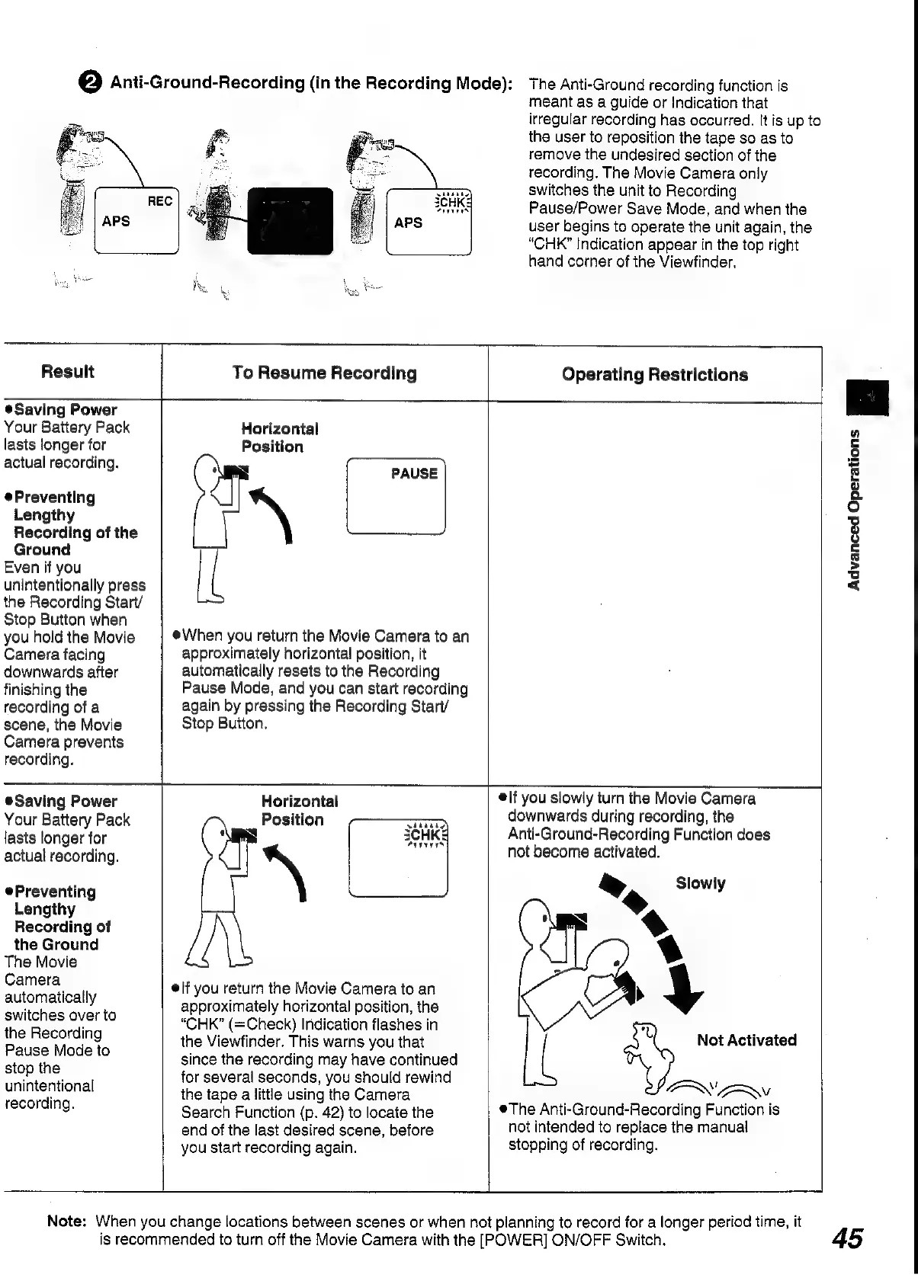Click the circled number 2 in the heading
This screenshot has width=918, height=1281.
pyautogui.click(x=91, y=83)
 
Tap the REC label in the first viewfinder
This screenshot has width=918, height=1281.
pyautogui.click(x=159, y=201)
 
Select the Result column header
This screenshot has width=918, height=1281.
pyautogui.click(x=68, y=372)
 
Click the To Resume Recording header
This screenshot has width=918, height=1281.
pyautogui.click(x=325, y=373)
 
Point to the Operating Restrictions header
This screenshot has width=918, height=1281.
pyautogui.click(x=655, y=375)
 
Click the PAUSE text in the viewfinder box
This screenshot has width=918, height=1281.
pyautogui.click(x=414, y=473)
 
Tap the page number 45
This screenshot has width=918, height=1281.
pyautogui.click(x=847, y=1238)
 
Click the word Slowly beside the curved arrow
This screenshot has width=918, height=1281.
pyautogui.click(x=700, y=884)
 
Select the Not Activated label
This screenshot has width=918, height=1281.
pyautogui.click(x=746, y=1040)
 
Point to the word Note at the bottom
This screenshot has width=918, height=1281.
pyautogui.click(x=66, y=1222)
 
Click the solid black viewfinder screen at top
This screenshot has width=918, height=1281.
pyautogui.click(x=290, y=221)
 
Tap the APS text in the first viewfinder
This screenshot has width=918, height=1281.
pyautogui.click(x=116, y=222)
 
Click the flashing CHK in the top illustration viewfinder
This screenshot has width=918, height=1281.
pyautogui.click(x=452, y=203)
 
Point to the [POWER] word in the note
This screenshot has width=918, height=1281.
pyautogui.click(x=506, y=1240)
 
